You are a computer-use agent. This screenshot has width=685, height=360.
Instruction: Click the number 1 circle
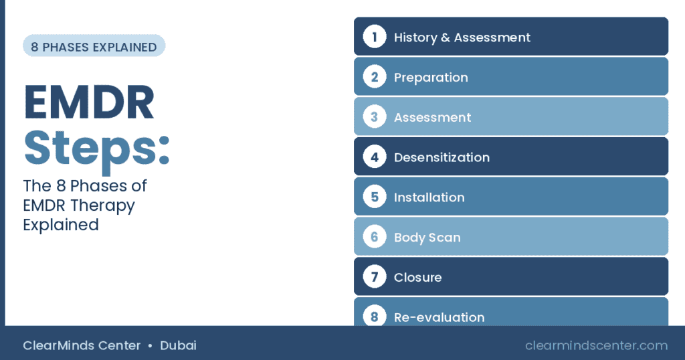(x=375, y=37)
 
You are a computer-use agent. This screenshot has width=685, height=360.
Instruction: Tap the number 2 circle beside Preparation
(x=375, y=77)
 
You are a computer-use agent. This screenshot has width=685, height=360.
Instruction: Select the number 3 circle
(x=375, y=116)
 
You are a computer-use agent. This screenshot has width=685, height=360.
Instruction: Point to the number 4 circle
(x=375, y=157)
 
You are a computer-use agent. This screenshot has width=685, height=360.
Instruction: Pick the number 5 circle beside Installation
(x=375, y=197)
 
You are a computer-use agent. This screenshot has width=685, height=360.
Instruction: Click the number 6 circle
(x=375, y=237)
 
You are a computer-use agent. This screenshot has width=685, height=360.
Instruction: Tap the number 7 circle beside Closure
(x=375, y=276)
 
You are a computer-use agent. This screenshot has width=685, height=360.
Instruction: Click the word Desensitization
(x=442, y=157)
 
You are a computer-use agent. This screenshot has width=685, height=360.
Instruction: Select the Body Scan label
(x=427, y=238)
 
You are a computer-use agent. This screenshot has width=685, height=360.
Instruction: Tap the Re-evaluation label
(x=439, y=318)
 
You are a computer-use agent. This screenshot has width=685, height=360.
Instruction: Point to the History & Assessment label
(x=462, y=37)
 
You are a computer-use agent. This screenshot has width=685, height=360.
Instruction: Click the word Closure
(x=417, y=278)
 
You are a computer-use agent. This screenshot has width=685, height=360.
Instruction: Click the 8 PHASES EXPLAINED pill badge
(x=94, y=46)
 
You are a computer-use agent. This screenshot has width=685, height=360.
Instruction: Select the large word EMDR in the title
(x=89, y=102)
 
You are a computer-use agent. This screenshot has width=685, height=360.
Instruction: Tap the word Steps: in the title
(x=96, y=149)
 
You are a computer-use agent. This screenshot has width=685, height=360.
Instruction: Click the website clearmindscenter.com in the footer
(x=596, y=345)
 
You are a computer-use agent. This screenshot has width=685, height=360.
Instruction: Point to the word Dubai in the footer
(x=178, y=345)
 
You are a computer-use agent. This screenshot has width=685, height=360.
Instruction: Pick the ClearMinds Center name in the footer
(x=82, y=345)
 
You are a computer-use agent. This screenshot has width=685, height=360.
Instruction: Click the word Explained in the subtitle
(x=61, y=226)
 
